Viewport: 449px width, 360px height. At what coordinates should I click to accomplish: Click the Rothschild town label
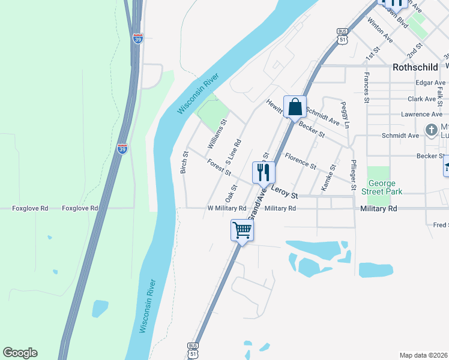pyautogui.click(x=417, y=68)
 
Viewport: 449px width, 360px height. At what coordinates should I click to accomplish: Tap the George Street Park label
pyautogui.click(x=385, y=186)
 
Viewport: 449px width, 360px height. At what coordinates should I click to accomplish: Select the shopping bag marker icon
pyautogui.click(x=295, y=107)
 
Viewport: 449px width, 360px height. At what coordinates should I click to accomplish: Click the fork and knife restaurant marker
pyautogui.click(x=264, y=173)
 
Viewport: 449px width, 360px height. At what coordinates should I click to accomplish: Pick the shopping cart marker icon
pyautogui.click(x=242, y=230)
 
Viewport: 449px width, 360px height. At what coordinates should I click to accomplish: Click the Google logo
pyautogui.click(x=20, y=353)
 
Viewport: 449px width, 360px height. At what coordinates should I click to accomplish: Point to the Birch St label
pyautogui.click(x=185, y=162)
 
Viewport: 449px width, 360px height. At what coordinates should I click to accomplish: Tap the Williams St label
pyautogui.click(x=217, y=134)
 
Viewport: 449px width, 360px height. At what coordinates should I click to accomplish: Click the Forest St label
pyautogui.click(x=219, y=167)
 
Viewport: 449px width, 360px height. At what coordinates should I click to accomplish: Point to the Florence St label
pyautogui.click(x=300, y=161)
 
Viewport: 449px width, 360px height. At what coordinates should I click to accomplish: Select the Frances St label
pyautogui.click(x=365, y=88)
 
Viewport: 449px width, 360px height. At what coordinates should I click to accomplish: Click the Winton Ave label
pyautogui.click(x=380, y=30)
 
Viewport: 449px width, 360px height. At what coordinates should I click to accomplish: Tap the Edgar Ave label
pyautogui.click(x=431, y=83)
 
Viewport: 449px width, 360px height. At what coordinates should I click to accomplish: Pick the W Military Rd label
pyautogui.click(x=227, y=208)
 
